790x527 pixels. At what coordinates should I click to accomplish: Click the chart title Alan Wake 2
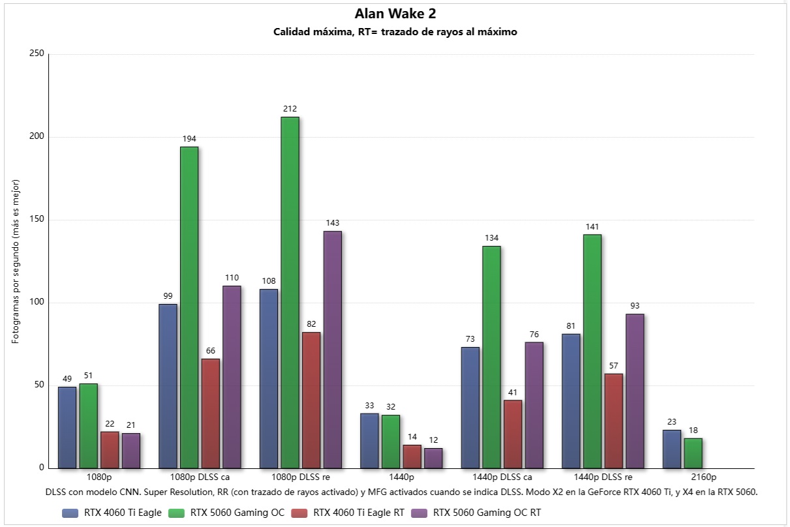395,14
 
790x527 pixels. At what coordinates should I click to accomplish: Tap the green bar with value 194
189,307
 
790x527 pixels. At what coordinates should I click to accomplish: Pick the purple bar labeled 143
332,350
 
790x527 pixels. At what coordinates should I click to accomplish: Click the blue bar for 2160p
672,449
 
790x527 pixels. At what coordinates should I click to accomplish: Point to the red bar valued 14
412,457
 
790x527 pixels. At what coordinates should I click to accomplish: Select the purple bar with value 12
433,458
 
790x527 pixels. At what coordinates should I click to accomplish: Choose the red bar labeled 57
614,421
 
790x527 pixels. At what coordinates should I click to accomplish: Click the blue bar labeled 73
470,408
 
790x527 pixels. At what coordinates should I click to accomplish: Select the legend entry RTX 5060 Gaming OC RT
476,513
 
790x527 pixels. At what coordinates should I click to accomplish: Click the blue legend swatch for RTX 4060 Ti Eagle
70,513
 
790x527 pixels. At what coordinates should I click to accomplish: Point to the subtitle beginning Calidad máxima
395,32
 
